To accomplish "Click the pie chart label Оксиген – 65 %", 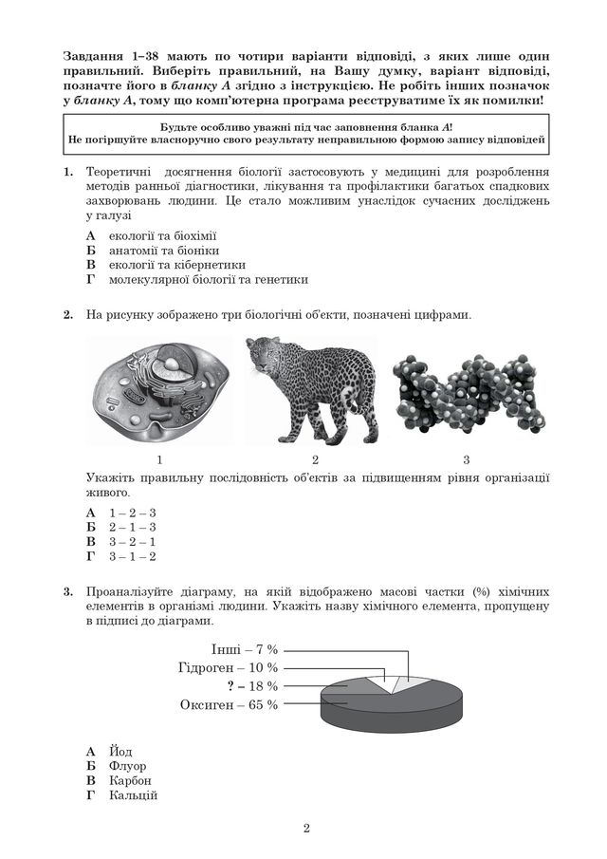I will tap(229, 704).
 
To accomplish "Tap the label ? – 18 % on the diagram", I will tap(251, 685).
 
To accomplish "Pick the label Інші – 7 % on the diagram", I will tap(245, 649).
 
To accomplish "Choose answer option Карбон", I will tap(130, 780).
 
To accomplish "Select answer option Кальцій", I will tap(133, 795).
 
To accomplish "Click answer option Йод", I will tap(120, 751).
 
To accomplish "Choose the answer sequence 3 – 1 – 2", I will tap(132, 556).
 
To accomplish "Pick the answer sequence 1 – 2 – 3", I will tap(132, 513).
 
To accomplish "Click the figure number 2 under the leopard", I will tap(314, 459).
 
